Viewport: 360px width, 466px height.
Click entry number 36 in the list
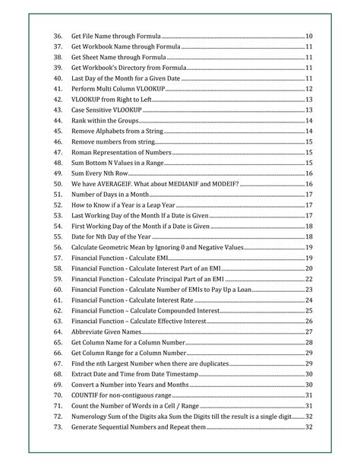click(x=58, y=36)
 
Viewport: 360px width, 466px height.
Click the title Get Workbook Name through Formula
click(x=125, y=47)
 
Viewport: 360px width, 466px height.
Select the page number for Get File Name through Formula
click(x=308, y=36)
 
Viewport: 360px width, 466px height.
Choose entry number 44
click(x=58, y=121)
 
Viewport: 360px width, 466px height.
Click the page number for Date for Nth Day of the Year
click(x=308, y=236)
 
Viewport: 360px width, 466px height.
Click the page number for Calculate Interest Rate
click(x=308, y=300)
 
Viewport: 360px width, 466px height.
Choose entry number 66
click(x=58, y=353)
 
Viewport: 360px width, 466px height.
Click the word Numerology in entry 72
click(x=91, y=416)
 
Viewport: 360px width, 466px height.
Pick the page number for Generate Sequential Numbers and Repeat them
click(x=308, y=426)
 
